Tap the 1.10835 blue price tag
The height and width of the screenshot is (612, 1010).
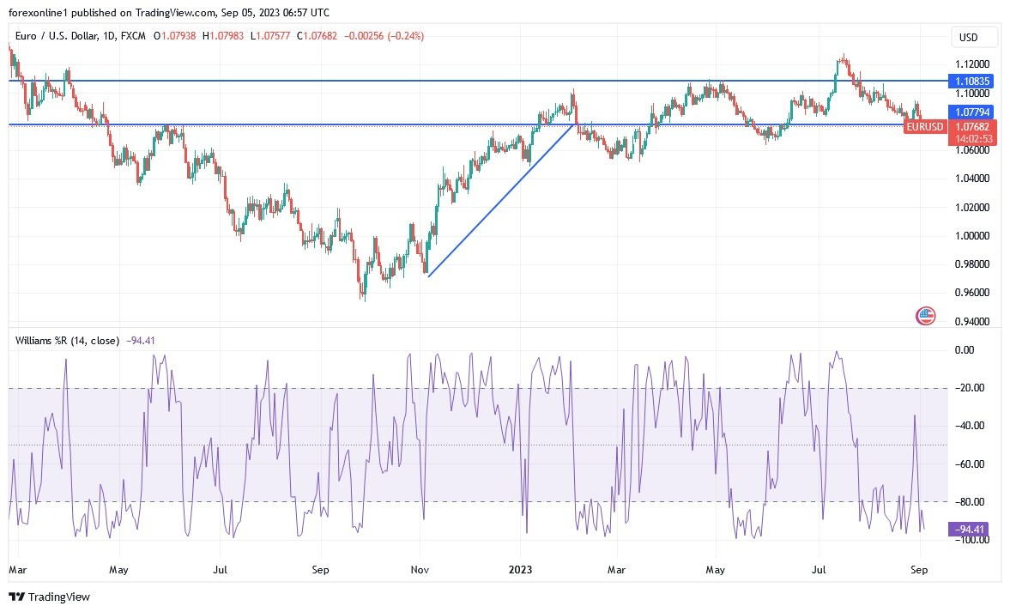point(972,81)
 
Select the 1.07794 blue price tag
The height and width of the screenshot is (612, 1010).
point(972,112)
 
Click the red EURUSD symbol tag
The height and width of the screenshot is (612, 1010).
point(925,127)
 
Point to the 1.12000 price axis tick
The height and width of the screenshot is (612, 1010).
point(971,64)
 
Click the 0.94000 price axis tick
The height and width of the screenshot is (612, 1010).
point(971,322)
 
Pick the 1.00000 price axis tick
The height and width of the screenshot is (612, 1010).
point(971,236)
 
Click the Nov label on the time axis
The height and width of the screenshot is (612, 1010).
point(420,569)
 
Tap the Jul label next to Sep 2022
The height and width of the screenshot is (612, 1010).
point(220,569)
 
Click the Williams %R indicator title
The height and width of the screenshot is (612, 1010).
point(68,340)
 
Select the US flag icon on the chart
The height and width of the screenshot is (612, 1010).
point(925,315)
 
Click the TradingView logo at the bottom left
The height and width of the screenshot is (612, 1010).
point(49,597)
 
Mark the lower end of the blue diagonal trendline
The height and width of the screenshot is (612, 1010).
point(428,276)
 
